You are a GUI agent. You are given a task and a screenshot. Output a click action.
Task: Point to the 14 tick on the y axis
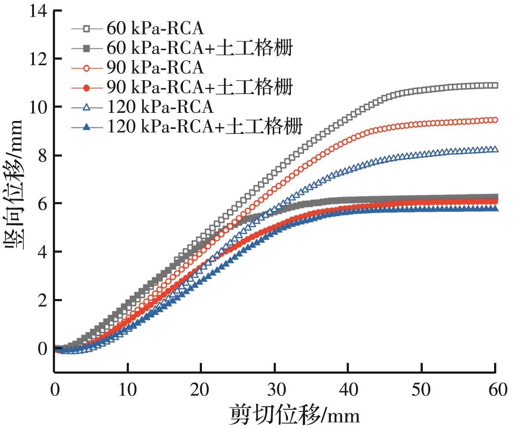tap(39, 10)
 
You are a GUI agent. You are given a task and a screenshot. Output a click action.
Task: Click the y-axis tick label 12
tap(39, 59)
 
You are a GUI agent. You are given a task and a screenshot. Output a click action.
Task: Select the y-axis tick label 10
tap(39, 107)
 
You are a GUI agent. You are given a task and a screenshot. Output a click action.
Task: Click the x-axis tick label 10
tap(128, 391)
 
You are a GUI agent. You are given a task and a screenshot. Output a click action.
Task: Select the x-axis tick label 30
tap(275, 391)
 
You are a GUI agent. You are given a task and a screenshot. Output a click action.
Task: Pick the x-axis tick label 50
tap(421, 391)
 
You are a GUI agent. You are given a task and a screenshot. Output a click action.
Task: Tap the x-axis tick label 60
tap(495, 391)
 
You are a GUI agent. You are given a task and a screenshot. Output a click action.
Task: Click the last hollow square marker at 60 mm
tap(495, 85)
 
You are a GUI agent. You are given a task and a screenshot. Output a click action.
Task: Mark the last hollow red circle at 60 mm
tap(495, 120)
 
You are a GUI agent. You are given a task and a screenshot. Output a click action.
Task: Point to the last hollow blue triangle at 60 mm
tap(495, 149)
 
